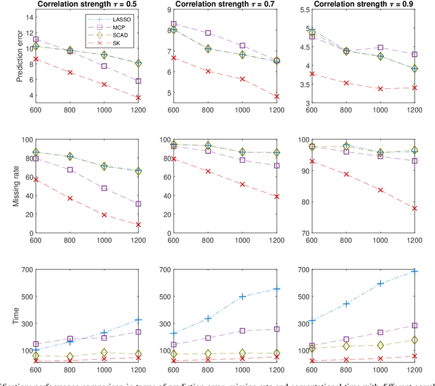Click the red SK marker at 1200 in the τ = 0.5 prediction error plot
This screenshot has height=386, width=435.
click(x=139, y=98)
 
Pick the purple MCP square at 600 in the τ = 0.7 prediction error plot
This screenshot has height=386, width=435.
click(x=174, y=24)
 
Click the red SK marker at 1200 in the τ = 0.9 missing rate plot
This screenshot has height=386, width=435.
click(x=415, y=208)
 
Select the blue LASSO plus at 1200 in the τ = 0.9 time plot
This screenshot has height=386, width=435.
click(x=415, y=271)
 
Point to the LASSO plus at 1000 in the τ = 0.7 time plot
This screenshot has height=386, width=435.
click(x=242, y=296)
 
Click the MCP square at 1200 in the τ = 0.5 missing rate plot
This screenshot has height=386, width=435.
click(x=139, y=204)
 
